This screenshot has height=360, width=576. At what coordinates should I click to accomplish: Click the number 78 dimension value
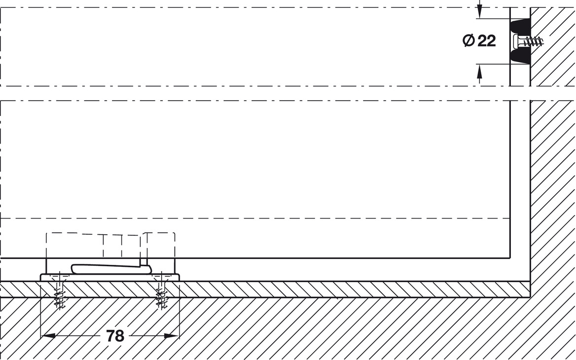pos(115,336)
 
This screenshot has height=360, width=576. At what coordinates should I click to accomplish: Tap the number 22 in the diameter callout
pos(487,41)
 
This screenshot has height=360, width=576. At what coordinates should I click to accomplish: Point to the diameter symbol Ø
pos(468,40)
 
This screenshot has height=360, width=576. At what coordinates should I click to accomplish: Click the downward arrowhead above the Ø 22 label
pos(478,13)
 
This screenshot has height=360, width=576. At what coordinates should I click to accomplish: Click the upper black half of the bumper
pos(520,27)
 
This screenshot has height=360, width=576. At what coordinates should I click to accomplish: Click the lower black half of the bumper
pos(520,56)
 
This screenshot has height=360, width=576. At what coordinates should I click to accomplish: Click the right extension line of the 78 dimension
pos(179,316)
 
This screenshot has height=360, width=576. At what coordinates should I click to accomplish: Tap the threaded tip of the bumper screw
pos(541,41)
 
